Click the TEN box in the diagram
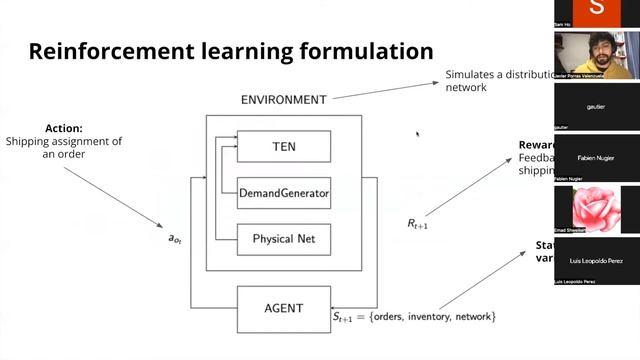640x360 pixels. (284, 147)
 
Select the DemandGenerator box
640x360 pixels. (284, 193)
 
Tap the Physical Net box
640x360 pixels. (284, 239)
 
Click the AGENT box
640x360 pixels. (284, 308)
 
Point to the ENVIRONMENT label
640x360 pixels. (284, 100)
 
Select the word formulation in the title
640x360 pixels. (371, 51)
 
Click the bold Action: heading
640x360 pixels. (63, 128)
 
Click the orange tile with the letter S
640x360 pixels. (597, 10)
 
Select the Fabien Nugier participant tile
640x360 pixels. (597, 158)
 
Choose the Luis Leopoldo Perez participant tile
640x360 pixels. (597, 262)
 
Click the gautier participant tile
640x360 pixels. (597, 106)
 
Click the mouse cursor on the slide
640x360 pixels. (418, 134)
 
